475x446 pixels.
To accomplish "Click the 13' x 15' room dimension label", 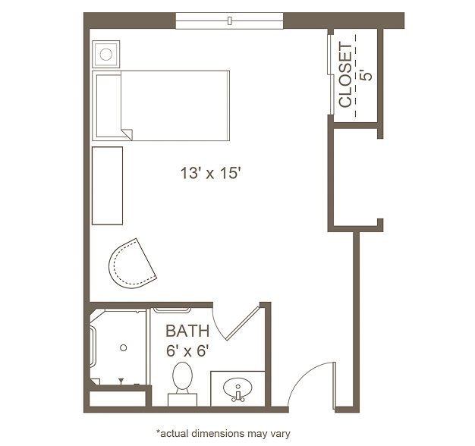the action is pyautogui.click(x=210, y=174).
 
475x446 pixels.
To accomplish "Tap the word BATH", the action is pyautogui.click(x=187, y=331).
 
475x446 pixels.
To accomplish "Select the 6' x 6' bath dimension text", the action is pyautogui.click(x=187, y=351).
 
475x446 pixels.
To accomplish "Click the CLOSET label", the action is pyautogui.click(x=345, y=74).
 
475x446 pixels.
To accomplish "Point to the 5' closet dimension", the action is pyautogui.click(x=366, y=75).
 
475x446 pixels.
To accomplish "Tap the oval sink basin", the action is pyautogui.click(x=237, y=388).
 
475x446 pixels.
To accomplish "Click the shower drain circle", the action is pyautogui.click(x=123, y=348).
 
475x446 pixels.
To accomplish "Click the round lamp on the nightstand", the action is pyautogui.click(x=106, y=55).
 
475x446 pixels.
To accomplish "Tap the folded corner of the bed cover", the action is pyautogui.click(x=127, y=133).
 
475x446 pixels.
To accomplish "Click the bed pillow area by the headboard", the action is pyautogui.click(x=109, y=105).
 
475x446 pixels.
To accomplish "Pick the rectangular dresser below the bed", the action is pyautogui.click(x=107, y=186).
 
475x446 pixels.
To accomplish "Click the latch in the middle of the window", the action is pyautogui.click(x=230, y=20).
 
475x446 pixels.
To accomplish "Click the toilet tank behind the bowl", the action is pyautogui.click(x=182, y=400).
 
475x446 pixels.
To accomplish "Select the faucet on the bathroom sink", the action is pyautogui.click(x=238, y=397).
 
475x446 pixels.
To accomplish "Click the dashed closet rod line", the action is pyautogui.click(x=356, y=76).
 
